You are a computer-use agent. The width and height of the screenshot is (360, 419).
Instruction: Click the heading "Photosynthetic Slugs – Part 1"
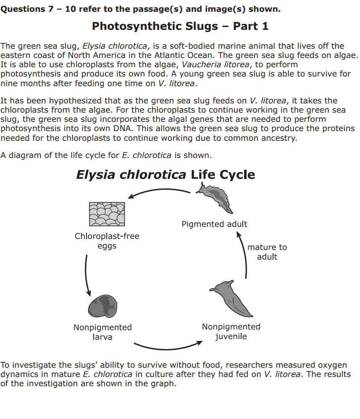[180, 26]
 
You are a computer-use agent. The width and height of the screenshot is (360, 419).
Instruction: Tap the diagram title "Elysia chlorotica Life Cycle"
[166, 175]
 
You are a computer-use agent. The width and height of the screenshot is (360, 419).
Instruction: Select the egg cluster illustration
[107, 214]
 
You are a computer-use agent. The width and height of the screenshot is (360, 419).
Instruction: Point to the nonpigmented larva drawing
[102, 306]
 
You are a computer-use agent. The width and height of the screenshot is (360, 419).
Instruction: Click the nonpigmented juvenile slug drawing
[231, 299]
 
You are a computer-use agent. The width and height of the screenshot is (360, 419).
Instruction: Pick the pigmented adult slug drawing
[215, 198]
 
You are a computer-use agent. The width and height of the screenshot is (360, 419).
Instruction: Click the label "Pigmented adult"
[214, 224]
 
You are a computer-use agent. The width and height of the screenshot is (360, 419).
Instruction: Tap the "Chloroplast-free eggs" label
[107, 241]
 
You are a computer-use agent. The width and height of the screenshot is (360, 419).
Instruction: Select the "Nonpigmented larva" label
[102, 332]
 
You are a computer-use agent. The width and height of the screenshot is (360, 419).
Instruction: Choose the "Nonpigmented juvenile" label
[231, 331]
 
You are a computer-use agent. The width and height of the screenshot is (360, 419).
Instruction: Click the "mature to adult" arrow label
[267, 252]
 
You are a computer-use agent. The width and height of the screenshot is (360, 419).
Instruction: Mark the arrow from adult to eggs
[160, 190]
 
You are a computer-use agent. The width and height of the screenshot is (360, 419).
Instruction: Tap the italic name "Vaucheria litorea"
[215, 65]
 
